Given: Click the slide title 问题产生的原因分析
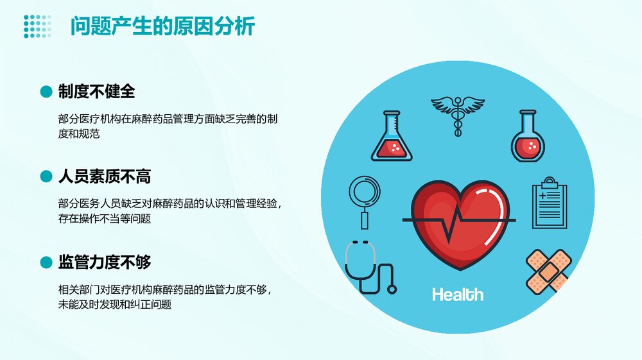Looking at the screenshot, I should point(162,27).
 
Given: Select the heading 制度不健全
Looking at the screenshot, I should point(96,91).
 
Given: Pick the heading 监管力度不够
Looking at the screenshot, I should point(105,262).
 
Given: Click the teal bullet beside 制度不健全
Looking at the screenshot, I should point(46,92).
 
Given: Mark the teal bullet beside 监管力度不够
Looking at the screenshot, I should point(46,262).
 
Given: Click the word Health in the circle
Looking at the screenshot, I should point(458,295).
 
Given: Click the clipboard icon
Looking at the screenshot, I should point(549,203).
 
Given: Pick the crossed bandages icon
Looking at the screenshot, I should point(548,270).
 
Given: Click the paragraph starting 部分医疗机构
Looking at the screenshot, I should point(167,127).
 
